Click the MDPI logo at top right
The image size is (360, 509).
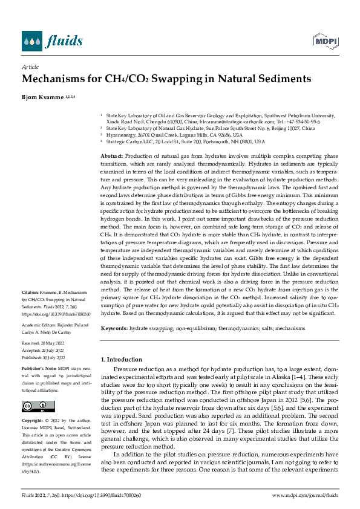(x=323, y=41)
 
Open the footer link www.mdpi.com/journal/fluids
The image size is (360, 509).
(x=305, y=496)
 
